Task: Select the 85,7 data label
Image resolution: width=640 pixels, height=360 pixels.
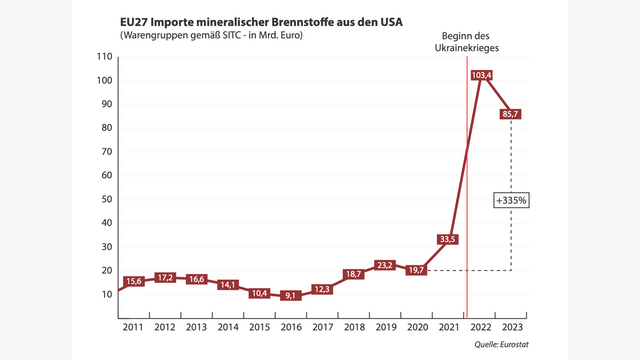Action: [x=512, y=114]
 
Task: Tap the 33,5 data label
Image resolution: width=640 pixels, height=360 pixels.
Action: [x=448, y=239]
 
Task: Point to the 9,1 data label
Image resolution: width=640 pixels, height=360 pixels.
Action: [x=291, y=296]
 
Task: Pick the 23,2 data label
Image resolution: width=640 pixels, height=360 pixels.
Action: [x=385, y=264]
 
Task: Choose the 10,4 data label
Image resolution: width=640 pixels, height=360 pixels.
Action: [x=260, y=293]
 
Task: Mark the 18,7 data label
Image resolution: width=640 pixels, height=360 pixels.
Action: [x=353, y=274]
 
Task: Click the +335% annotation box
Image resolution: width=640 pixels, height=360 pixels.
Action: [x=512, y=200]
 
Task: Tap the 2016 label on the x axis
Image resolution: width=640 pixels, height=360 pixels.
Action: [x=291, y=326]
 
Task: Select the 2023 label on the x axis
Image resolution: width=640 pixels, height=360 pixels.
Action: [x=511, y=326]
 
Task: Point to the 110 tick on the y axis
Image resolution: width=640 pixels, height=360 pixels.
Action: [x=104, y=57]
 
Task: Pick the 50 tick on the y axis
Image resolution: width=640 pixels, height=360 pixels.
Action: [x=107, y=199]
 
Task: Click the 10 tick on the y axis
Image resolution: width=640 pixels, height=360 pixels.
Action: [x=107, y=294]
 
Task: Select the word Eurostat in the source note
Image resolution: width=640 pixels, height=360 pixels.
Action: [x=513, y=344]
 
